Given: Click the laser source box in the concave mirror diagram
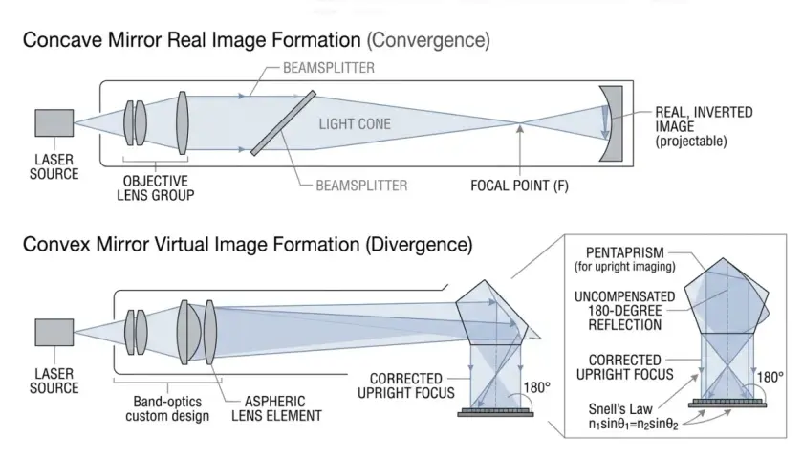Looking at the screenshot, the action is coord(54,123).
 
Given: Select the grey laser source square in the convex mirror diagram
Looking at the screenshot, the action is coord(54,333).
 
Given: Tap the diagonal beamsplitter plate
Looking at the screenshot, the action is coord(283,123).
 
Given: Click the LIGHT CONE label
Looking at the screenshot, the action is coord(355,124).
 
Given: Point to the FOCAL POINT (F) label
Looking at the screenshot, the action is coord(519,186).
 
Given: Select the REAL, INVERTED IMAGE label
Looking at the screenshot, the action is coord(704,126).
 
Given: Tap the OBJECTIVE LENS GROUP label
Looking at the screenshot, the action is coord(155,188).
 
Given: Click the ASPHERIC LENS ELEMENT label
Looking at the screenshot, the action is coord(276,408).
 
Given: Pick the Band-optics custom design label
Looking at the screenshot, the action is coord(167,408).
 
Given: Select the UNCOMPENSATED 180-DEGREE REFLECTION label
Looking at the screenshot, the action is coord(625,311).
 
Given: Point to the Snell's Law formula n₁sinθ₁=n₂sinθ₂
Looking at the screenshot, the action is coord(633,425).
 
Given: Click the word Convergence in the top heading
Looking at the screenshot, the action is coord(428,40).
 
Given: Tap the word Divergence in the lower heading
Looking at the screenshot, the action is coord(419,245).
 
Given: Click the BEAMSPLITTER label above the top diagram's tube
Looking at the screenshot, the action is coord(329,68).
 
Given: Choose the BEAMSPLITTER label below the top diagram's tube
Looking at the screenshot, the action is coord(361,186).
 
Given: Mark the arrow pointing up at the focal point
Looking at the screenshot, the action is coord(520,151).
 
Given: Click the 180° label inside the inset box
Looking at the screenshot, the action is coord(770,377).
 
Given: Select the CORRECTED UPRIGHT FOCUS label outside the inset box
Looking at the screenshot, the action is coord(405,385).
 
